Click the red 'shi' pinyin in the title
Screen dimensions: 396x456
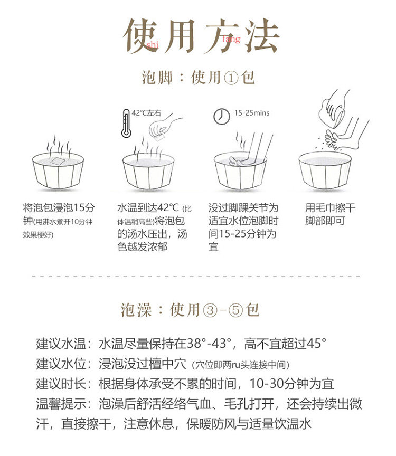pos(153,44)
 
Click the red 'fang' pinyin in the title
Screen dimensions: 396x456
pos(231,39)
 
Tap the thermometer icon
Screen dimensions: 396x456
pos(126,123)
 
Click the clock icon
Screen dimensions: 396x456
pos(222,116)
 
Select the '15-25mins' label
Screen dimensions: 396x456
pos(252,113)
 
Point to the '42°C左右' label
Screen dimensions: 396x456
pos(146,113)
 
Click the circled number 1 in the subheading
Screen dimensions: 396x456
pos(231,78)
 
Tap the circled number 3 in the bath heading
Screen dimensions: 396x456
pos(210,310)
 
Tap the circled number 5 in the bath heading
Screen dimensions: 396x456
pos(235,310)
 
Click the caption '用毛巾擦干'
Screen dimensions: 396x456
pos(330,208)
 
